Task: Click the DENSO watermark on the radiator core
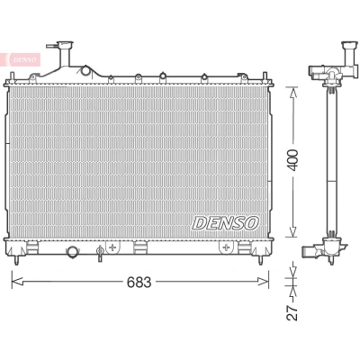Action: [x=225, y=223]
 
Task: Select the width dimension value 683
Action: [x=139, y=282]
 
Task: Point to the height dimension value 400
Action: [x=293, y=160]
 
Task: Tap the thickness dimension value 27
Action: [x=292, y=313]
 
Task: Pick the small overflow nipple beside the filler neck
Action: [x=52, y=46]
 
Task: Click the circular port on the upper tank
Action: [x=85, y=70]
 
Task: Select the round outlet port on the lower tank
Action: [x=72, y=251]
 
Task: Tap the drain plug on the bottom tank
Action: [x=100, y=253]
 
